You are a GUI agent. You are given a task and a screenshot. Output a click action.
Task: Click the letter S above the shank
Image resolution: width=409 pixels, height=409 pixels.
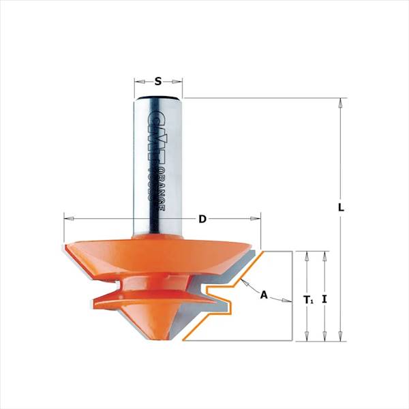158,81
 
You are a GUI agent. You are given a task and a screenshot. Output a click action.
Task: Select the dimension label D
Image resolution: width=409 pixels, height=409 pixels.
202,219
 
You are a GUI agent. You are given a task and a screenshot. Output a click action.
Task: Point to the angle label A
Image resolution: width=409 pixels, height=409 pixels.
264,295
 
